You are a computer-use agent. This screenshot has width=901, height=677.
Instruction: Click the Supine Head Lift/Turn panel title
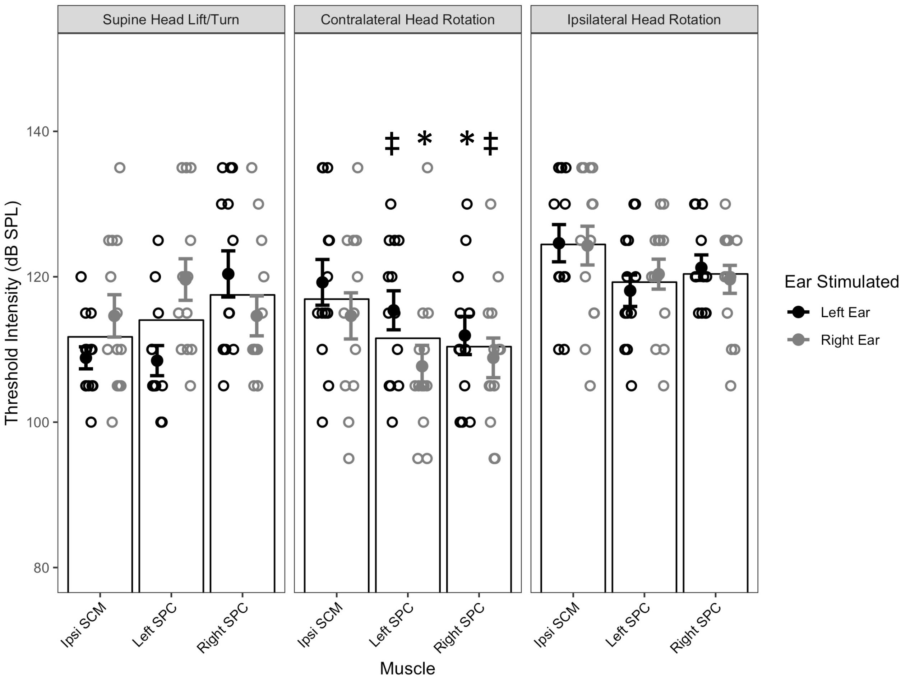click(171, 19)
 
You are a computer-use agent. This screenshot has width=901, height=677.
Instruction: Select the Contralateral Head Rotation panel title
click(407, 19)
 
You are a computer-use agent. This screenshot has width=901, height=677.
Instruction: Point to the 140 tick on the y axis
click(37, 131)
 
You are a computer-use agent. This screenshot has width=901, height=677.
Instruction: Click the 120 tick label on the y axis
click(37, 277)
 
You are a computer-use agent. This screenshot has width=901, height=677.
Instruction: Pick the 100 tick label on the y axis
click(37, 422)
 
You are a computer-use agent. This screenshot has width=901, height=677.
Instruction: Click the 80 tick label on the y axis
click(41, 567)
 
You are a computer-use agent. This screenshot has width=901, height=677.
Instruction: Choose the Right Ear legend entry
click(850, 340)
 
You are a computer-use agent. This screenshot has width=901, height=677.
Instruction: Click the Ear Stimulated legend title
click(841, 282)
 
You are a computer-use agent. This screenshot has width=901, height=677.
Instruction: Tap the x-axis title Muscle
click(407, 668)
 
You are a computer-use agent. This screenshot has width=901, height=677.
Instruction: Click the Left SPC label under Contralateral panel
click(392, 625)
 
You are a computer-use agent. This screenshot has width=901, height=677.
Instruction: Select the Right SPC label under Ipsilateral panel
click(696, 627)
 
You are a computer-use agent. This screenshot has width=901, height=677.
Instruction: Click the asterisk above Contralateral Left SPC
click(424, 139)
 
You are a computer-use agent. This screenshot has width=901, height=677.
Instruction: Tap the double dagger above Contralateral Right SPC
click(490, 143)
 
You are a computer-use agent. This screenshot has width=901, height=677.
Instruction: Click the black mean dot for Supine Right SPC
click(228, 274)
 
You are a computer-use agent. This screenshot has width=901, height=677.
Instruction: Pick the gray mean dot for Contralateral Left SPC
click(422, 366)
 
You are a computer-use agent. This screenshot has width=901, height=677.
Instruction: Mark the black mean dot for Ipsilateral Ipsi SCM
click(559, 244)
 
